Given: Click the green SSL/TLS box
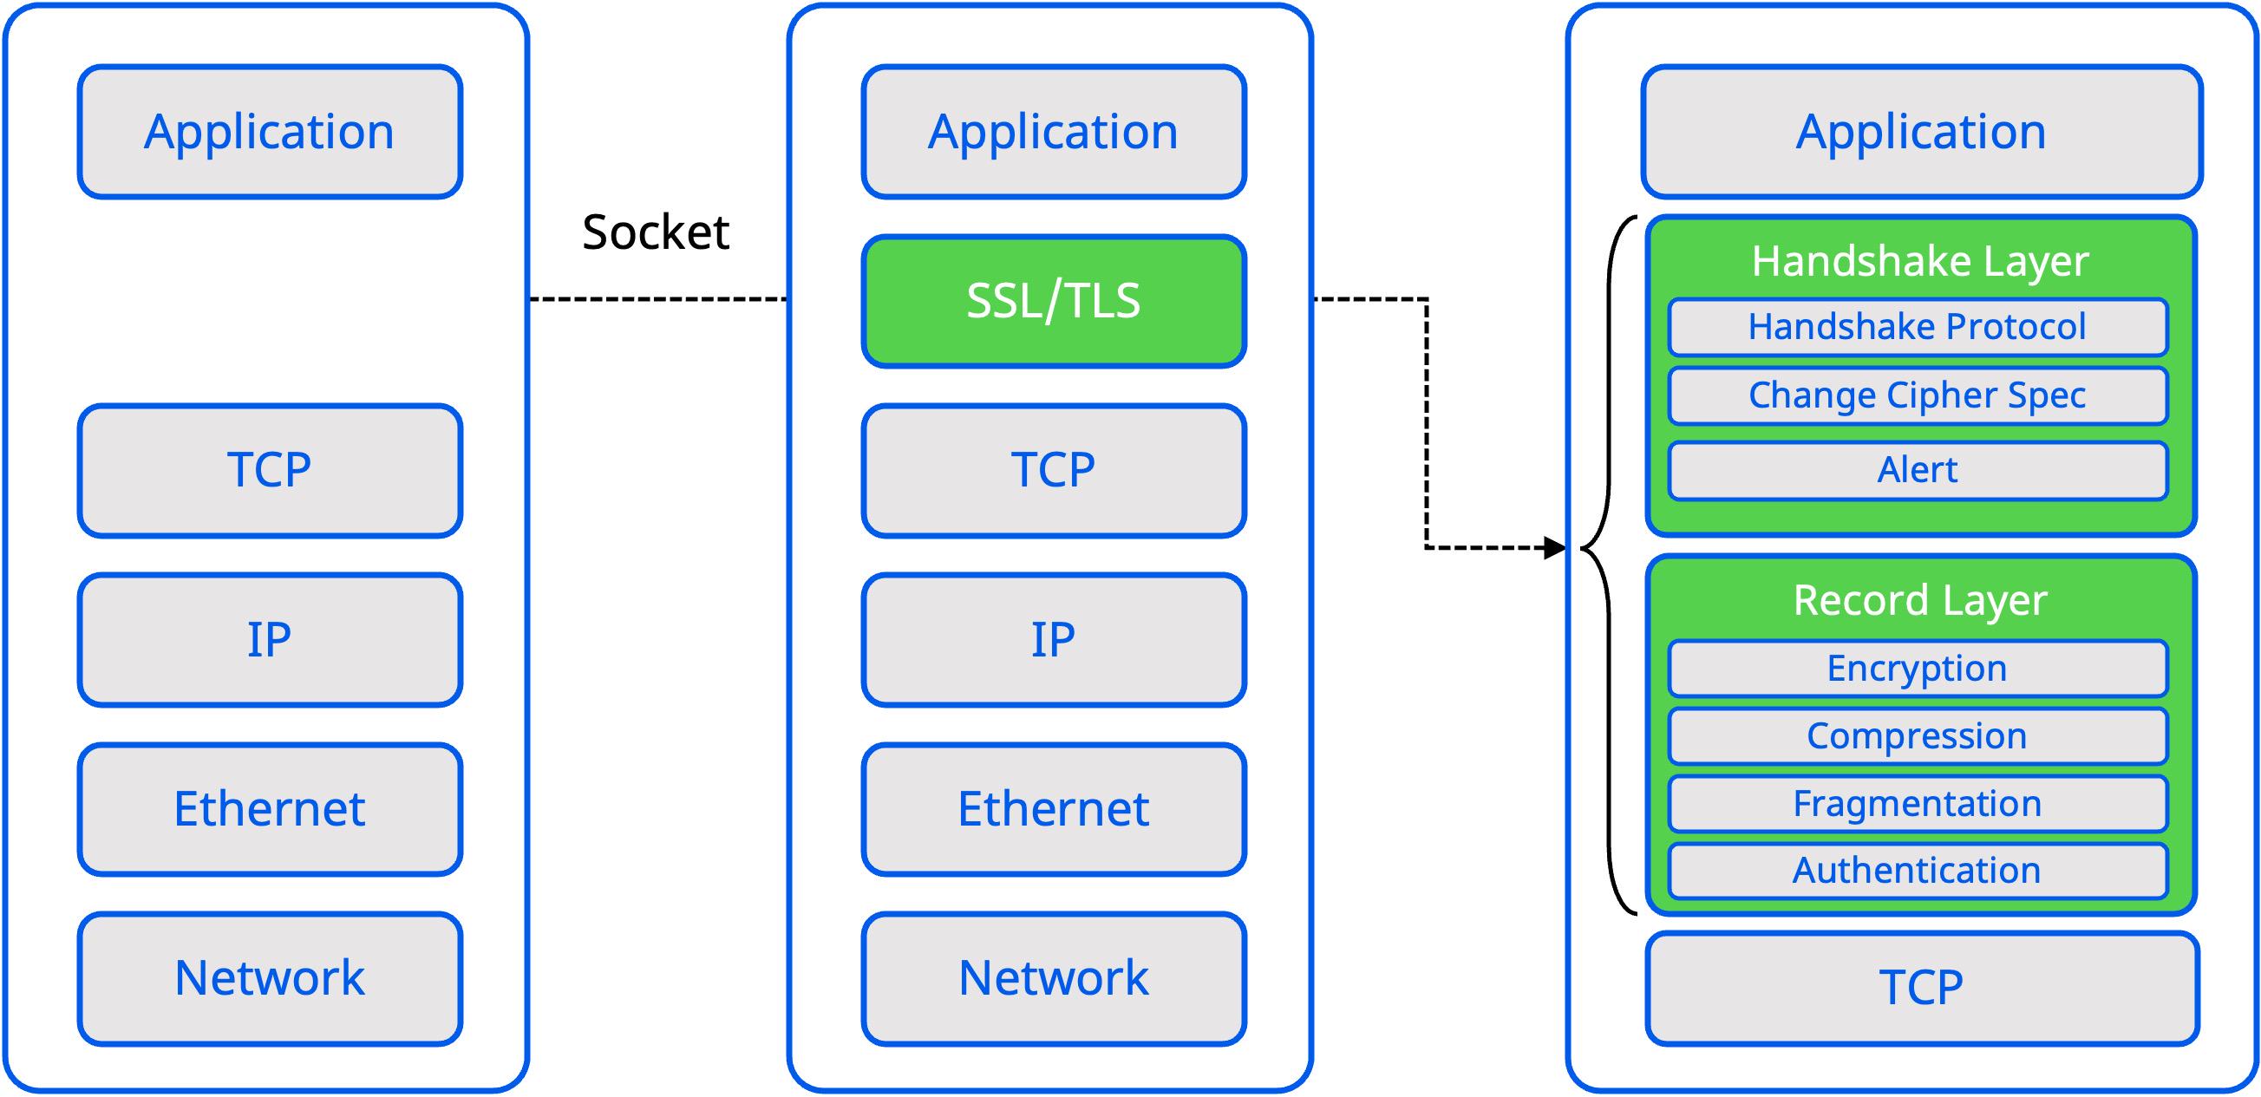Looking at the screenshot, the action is point(1053,300).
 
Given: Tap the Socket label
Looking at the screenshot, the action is point(656,232).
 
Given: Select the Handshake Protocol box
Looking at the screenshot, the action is point(1918,327).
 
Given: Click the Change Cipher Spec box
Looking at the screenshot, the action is point(1918,395).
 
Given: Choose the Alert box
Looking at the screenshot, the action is point(1918,471).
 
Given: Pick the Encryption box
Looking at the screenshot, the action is point(1918,669).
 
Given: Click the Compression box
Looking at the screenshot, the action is point(1918,736).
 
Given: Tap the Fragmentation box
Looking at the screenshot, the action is point(1918,804).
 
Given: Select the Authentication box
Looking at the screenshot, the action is point(1918,872).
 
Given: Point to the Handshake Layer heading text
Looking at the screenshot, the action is point(1919,262).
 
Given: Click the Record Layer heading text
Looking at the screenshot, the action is point(1919,601).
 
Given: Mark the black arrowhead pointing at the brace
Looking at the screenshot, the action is point(1555,548).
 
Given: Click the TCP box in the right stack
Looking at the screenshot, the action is point(1921,989).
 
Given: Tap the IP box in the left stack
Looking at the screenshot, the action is point(270,640).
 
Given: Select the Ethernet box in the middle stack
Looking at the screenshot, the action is point(1053,809).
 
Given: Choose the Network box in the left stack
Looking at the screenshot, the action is point(270,978).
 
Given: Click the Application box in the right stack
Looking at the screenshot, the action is point(1921,132).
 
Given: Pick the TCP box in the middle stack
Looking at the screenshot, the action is point(1053,470).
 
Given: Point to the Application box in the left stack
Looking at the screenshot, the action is point(270,132).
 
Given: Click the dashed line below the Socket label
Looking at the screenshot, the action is point(658,299).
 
